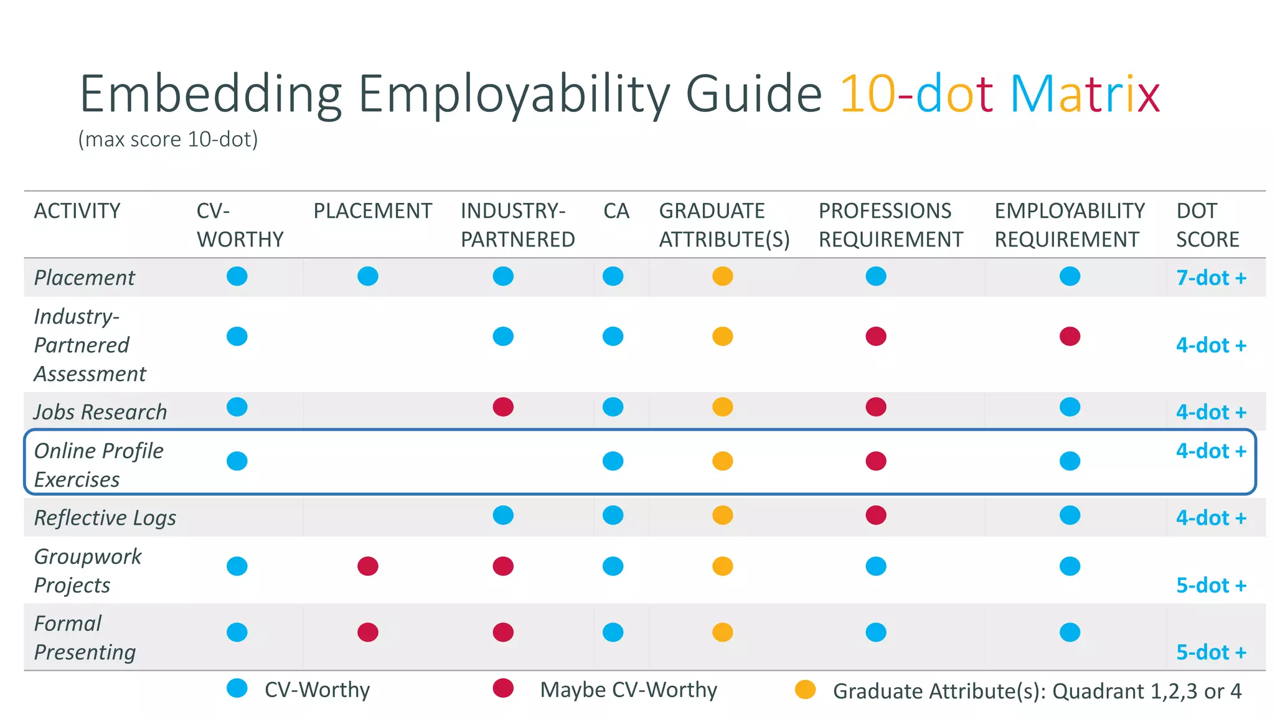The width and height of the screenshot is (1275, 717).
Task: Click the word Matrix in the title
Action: (1084, 95)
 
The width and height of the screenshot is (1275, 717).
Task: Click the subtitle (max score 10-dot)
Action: (168, 139)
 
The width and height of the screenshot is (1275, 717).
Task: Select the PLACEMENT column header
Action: (372, 211)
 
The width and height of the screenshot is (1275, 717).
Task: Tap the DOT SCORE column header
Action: (1207, 225)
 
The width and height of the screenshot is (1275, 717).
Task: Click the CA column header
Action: (616, 211)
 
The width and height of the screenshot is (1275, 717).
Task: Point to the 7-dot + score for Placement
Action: (1210, 278)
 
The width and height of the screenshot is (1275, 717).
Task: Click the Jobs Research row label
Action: (100, 412)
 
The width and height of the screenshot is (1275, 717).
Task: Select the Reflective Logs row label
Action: (105, 518)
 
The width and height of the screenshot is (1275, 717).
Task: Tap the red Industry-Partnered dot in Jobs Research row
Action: (503, 407)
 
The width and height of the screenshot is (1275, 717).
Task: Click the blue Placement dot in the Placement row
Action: (368, 276)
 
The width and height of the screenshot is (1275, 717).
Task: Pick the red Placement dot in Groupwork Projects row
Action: (368, 566)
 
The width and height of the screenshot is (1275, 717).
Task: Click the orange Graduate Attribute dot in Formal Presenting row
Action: (722, 632)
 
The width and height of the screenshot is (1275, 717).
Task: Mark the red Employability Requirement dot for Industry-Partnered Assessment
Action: (1070, 336)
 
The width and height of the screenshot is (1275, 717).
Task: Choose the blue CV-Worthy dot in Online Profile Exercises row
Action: (237, 461)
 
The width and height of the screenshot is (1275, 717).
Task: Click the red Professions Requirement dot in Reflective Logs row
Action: (875, 515)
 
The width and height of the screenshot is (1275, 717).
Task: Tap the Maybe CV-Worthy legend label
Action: (628, 690)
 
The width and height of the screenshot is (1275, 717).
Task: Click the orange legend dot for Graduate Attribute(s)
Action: (805, 690)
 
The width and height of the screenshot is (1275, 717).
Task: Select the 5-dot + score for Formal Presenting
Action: (1210, 652)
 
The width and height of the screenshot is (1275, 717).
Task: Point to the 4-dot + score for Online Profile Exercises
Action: (1210, 451)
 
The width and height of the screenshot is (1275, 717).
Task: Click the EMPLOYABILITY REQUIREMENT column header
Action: (1069, 225)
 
